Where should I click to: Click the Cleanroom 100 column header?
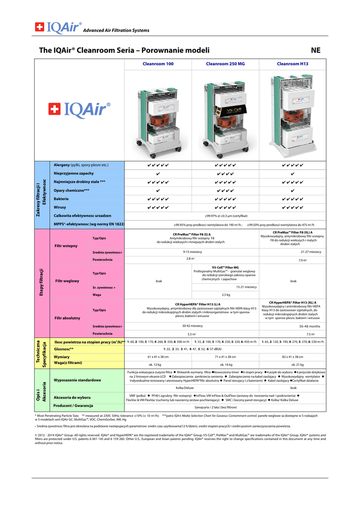click(x=158, y=64)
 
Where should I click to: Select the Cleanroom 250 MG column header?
click(x=225, y=64)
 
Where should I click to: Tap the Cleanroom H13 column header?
click(x=292, y=64)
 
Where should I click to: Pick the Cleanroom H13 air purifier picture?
click(x=292, y=114)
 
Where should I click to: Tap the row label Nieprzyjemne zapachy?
click(x=73, y=173)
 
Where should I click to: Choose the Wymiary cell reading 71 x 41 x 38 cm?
click(x=225, y=357)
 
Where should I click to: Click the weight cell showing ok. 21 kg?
click(x=293, y=364)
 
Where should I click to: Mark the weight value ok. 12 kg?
click(x=158, y=364)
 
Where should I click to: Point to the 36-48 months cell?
click(x=309, y=326)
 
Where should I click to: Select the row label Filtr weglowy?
click(x=67, y=281)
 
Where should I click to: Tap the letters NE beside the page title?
click(x=316, y=50)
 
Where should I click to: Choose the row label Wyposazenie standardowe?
click(x=77, y=380)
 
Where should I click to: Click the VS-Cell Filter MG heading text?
click(x=225, y=267)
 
